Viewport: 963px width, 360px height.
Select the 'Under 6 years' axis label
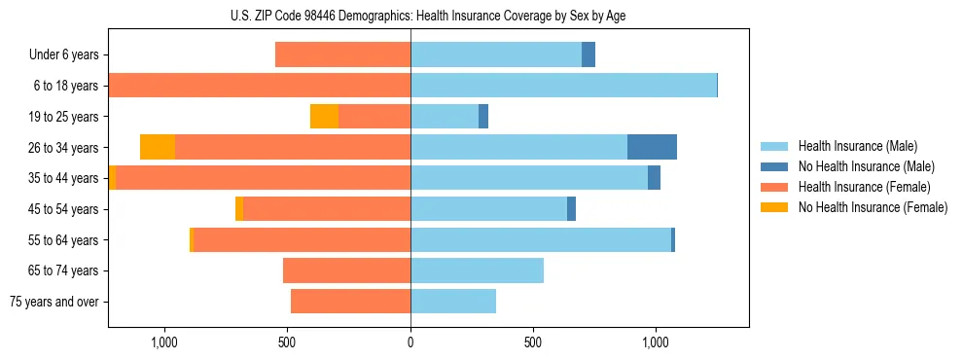point(63,54)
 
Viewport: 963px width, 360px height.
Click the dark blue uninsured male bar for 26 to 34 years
point(652,147)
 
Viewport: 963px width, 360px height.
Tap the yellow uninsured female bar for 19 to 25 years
point(324,116)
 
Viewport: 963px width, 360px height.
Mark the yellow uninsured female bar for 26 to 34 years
point(158,147)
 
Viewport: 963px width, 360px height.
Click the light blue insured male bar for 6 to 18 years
point(563,86)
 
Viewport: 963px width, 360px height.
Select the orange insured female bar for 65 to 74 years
point(346,270)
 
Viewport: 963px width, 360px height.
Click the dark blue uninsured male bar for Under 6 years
point(588,54)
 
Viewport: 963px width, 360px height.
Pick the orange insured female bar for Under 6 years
point(342,54)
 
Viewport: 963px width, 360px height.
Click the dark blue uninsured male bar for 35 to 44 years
point(654,178)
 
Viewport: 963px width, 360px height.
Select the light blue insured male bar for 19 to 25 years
point(445,116)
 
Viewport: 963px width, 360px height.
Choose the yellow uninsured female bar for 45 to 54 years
point(239,209)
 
